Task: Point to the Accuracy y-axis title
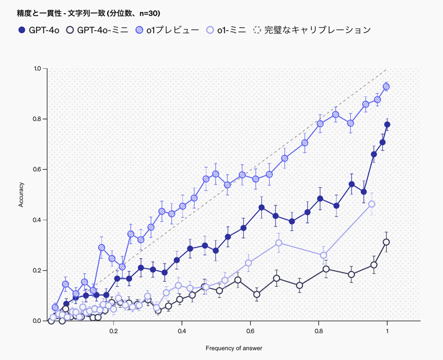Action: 21,194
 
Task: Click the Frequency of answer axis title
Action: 234,348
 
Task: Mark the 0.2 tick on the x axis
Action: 113,331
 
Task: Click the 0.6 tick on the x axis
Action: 250,331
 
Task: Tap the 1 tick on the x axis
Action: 387,331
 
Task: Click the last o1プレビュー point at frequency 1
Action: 386,86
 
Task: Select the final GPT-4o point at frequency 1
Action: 387,125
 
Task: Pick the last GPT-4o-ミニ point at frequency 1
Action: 386,242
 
